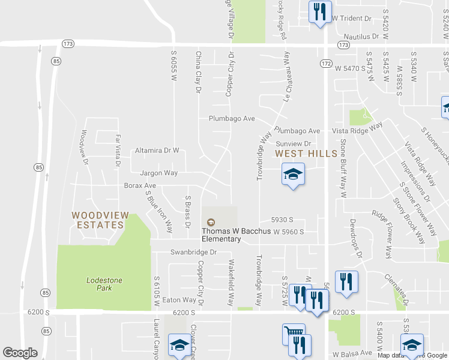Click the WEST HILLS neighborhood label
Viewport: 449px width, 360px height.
pyautogui.click(x=306, y=154)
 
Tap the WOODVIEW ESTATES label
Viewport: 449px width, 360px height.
pyautogui.click(x=97, y=220)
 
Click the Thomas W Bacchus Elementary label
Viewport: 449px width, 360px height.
pyautogui.click(x=221, y=235)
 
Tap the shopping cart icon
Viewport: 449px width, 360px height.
pyautogui.click(x=294, y=334)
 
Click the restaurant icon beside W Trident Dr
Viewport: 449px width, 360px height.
pyautogui.click(x=319, y=11)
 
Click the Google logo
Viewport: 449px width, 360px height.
pyautogui.click(x=20, y=353)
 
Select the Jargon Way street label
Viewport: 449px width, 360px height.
pyautogui.click(x=158, y=173)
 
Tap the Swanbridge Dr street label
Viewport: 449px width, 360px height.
pyautogui.click(x=193, y=252)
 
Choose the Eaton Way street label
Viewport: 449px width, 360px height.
pyautogui.click(x=179, y=299)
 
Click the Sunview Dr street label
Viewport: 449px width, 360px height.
pyautogui.click(x=293, y=144)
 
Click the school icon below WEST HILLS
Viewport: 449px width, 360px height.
pyautogui.click(x=293, y=175)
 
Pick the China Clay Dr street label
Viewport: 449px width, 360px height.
pyautogui.click(x=198, y=72)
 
